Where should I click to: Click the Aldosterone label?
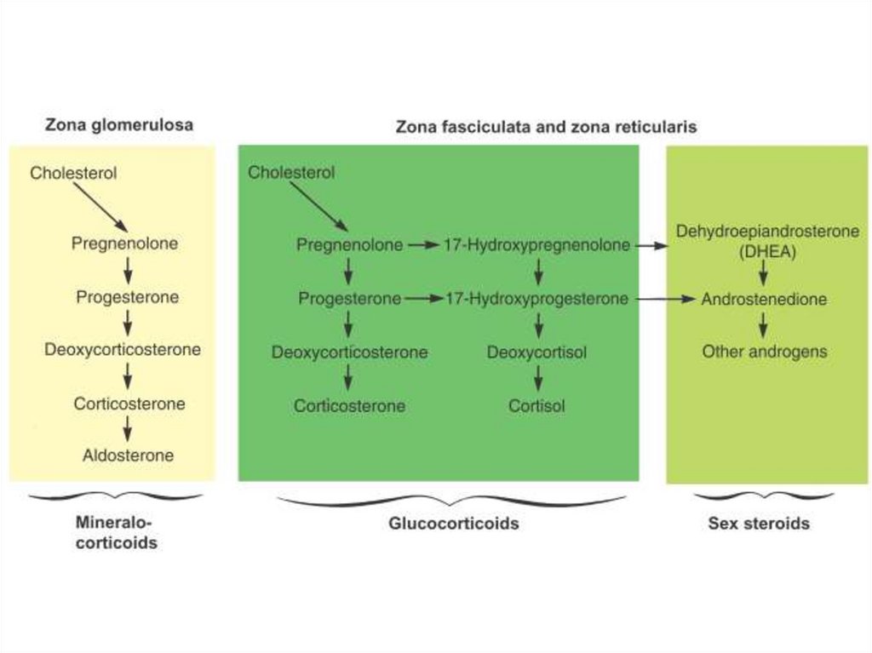[128, 455]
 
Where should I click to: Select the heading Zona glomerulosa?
[118, 125]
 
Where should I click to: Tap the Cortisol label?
[536, 406]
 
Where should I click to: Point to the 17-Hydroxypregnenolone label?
[536, 245]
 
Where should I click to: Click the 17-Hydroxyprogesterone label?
[536, 299]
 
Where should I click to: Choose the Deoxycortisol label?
[536, 352]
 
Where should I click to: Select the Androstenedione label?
[764, 300]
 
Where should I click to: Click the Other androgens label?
[764, 352]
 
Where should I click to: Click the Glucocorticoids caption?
[453, 524]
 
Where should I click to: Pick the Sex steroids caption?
[758, 524]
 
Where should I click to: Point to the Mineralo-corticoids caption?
[117, 532]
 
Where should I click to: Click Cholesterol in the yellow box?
[73, 173]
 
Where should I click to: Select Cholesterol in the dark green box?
[291, 173]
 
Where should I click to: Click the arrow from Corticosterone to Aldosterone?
[128, 429]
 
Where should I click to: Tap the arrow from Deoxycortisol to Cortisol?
[537, 378]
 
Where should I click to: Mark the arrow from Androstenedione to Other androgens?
[764, 325]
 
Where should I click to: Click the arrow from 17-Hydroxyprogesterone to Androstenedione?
[664, 299]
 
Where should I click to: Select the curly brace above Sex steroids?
[751, 495]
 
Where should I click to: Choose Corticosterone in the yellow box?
[129, 404]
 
